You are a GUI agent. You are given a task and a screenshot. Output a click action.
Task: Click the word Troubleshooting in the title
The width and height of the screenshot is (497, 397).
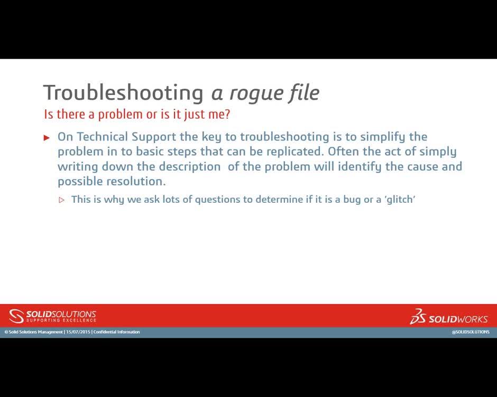[123, 93]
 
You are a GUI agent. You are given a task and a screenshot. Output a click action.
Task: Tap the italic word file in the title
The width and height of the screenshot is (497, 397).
[304, 92]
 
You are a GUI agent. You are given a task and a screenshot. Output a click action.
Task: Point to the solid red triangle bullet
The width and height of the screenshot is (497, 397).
[47, 138]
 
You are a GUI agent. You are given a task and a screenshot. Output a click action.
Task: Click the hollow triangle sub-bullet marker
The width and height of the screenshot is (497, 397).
[61, 200]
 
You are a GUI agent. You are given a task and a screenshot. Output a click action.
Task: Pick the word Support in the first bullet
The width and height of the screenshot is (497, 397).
[154, 137]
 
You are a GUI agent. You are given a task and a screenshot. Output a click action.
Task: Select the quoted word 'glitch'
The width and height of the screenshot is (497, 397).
[400, 200]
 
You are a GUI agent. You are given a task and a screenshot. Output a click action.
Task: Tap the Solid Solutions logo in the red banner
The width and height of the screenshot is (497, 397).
[53, 316]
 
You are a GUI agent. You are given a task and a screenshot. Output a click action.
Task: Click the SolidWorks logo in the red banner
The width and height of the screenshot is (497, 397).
[449, 317]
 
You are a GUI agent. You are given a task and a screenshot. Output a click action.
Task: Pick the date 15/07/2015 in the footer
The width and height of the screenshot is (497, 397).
[78, 332]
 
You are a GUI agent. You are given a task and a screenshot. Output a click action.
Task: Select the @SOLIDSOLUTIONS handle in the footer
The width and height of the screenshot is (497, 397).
[470, 332]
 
